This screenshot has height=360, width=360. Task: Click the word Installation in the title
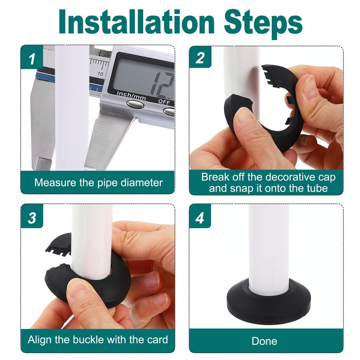tap(137, 22)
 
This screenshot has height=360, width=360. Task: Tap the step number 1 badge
tap(31, 58)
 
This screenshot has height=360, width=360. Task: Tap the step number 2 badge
tap(200, 58)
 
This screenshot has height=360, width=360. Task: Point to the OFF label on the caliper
tap(164, 102)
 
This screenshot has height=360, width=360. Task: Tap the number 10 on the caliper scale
tap(100, 74)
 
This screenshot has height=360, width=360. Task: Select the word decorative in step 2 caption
tap(286, 177)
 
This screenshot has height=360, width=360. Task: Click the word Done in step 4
tap(264, 341)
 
